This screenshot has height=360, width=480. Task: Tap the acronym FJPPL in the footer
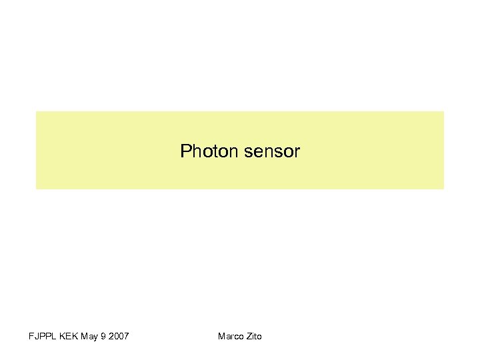(x=43, y=336)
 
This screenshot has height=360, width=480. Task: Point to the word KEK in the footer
(x=69, y=336)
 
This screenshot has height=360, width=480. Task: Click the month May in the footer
(x=89, y=336)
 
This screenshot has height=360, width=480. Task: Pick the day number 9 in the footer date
(x=102, y=336)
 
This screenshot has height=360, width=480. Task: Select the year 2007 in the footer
(x=118, y=336)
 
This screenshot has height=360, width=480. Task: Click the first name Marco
(x=231, y=336)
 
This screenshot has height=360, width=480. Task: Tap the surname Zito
(x=254, y=336)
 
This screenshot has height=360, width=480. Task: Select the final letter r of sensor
(x=297, y=151)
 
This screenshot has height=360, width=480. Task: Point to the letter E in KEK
(x=69, y=336)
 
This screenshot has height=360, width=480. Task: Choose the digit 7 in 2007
(x=126, y=336)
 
